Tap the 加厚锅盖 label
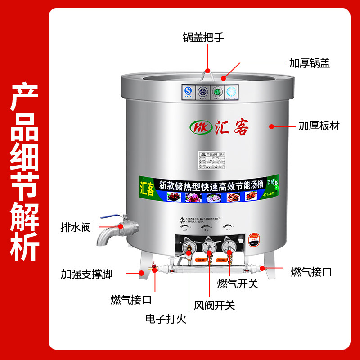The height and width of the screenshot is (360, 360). [310, 63]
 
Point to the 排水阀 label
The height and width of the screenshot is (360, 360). [76, 227]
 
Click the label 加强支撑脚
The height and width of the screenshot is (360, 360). [86, 274]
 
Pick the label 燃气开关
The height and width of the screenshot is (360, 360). [237, 283]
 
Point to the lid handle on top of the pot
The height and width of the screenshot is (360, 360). [207, 74]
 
